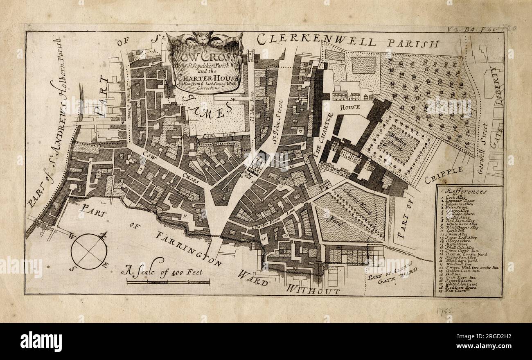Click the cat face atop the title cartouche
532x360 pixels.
click(x=205, y=38)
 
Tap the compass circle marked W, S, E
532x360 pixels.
click(x=89, y=251)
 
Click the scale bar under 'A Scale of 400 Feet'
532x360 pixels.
click(x=168, y=282)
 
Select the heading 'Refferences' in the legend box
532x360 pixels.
click(x=467, y=191)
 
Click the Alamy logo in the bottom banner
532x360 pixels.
click(x=41, y=341)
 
